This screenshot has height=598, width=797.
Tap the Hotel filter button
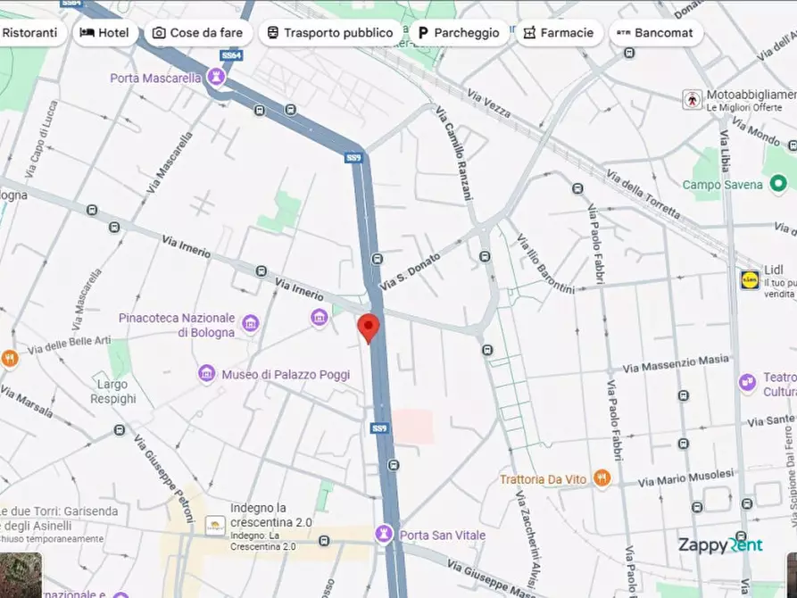pyautogui.click(x=104, y=33)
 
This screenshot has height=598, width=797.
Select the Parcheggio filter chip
pyautogui.click(x=459, y=33)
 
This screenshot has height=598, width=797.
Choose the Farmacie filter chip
pyautogui.click(x=559, y=33)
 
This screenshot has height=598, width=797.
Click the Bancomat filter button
pyautogui.click(x=655, y=33)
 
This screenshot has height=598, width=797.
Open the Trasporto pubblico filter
pyautogui.click(x=330, y=33)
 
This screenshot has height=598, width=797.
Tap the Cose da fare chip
pyautogui.click(x=197, y=33)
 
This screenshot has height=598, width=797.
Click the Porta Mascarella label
pyautogui.click(x=155, y=79)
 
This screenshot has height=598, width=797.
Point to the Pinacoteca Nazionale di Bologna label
pyautogui.click(x=177, y=325)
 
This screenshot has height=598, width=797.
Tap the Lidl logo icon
pyautogui.click(x=749, y=279)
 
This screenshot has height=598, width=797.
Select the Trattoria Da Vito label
pyautogui.click(x=544, y=479)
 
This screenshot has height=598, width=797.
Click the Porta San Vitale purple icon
pyautogui.click(x=385, y=534)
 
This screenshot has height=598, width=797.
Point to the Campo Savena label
pyautogui.click(x=722, y=185)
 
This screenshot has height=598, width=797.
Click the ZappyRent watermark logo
pyautogui.click(x=720, y=545)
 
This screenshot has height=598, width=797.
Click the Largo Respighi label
pyautogui.click(x=113, y=392)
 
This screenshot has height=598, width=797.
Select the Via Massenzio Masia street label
pyautogui.click(x=676, y=363)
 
